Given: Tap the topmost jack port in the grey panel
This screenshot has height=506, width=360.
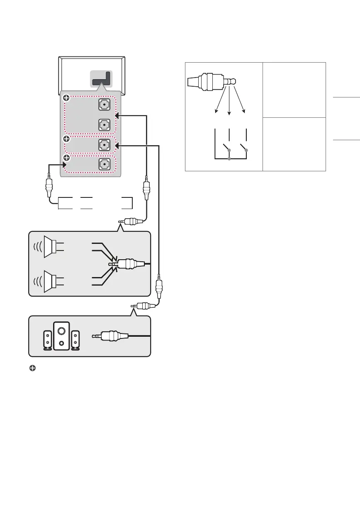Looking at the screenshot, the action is pyautogui.click(x=105, y=105).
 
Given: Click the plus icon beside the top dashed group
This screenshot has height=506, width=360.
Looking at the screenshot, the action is pyautogui.click(x=66, y=99).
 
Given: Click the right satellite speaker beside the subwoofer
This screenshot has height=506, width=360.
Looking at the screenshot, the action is pyautogui.click(x=76, y=339).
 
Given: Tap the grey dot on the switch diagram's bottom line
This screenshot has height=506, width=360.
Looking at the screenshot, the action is pyautogui.click(x=229, y=159).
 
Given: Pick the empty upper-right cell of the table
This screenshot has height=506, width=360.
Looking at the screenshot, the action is pyautogui.click(x=294, y=90).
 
